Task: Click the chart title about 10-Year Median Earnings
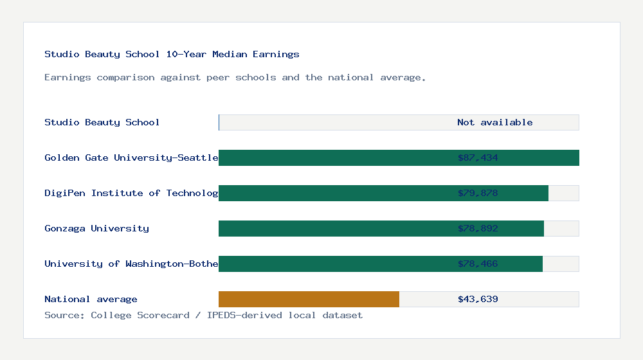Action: (172, 55)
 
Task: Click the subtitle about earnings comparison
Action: (235, 78)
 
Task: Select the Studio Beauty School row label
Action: (102, 122)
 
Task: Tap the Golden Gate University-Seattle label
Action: (131, 157)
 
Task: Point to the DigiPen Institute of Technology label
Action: (131, 193)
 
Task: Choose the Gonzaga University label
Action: (96, 228)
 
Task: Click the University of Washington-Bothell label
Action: (131, 264)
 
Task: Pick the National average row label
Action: (91, 299)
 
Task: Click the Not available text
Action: (494, 122)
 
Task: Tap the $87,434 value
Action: (478, 157)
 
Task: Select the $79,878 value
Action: (478, 193)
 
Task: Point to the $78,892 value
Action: (478, 228)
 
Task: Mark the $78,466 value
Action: (478, 264)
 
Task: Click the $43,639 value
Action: (478, 299)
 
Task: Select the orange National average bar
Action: (309, 299)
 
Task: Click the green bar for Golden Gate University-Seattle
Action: (334, 157)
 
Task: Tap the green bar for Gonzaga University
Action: (334, 228)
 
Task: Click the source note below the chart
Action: (203, 315)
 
